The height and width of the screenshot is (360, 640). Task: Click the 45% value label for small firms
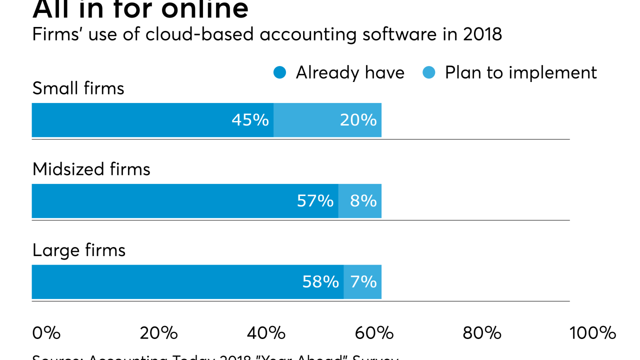[x=250, y=120]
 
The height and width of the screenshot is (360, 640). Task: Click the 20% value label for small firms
[x=358, y=120]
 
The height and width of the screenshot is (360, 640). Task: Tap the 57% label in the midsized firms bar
[x=315, y=201]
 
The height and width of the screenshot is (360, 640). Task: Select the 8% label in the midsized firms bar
[x=363, y=201]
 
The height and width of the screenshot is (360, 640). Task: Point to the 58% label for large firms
[x=320, y=282]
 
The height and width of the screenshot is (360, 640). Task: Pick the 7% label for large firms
[x=363, y=282]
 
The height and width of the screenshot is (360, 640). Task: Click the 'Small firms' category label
[x=78, y=88]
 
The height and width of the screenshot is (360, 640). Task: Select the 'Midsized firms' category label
[x=91, y=169]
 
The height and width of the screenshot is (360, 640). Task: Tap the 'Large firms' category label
[x=78, y=250]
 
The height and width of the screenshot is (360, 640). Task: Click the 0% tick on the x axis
[x=46, y=333]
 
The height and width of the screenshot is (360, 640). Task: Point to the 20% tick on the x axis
[x=158, y=333]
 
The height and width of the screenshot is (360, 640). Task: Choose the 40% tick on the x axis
[x=266, y=333]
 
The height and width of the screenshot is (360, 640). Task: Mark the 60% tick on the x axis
[x=374, y=333]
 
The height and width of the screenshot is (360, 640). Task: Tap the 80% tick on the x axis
[x=481, y=333]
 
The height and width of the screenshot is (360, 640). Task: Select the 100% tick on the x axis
[x=592, y=333]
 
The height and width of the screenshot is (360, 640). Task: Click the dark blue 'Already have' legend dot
[x=280, y=73]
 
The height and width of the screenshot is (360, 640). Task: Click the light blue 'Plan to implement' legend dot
[x=429, y=73]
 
